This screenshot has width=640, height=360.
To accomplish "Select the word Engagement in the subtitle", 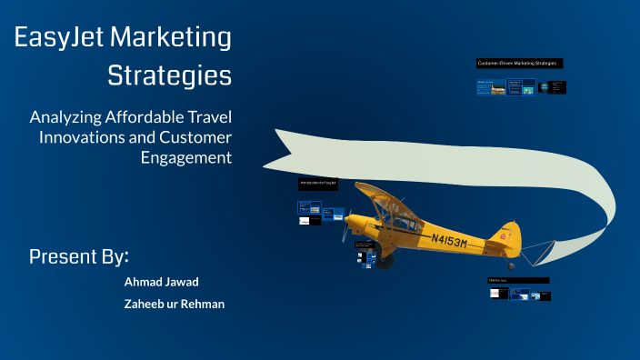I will click(x=185, y=156).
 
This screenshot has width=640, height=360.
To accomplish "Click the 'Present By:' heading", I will click(x=79, y=255).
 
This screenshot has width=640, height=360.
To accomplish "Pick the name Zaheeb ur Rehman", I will click(x=174, y=304).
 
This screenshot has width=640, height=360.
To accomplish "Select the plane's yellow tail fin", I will click(x=502, y=235).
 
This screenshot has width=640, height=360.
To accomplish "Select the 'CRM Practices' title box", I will click(x=517, y=280).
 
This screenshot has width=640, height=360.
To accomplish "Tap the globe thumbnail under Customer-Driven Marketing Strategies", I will click(x=544, y=87).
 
